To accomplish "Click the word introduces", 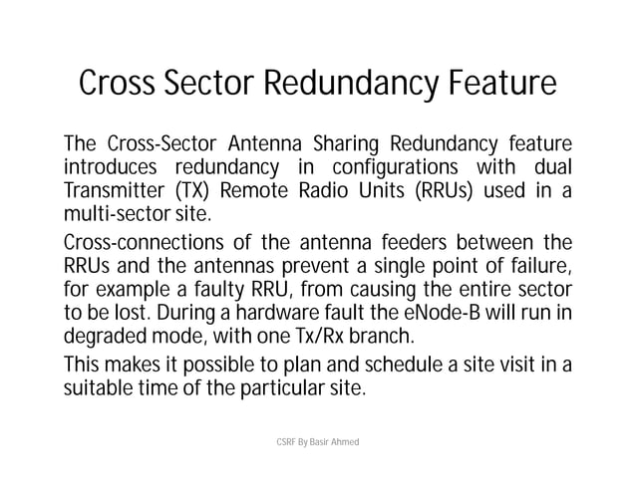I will click(x=111, y=163).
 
